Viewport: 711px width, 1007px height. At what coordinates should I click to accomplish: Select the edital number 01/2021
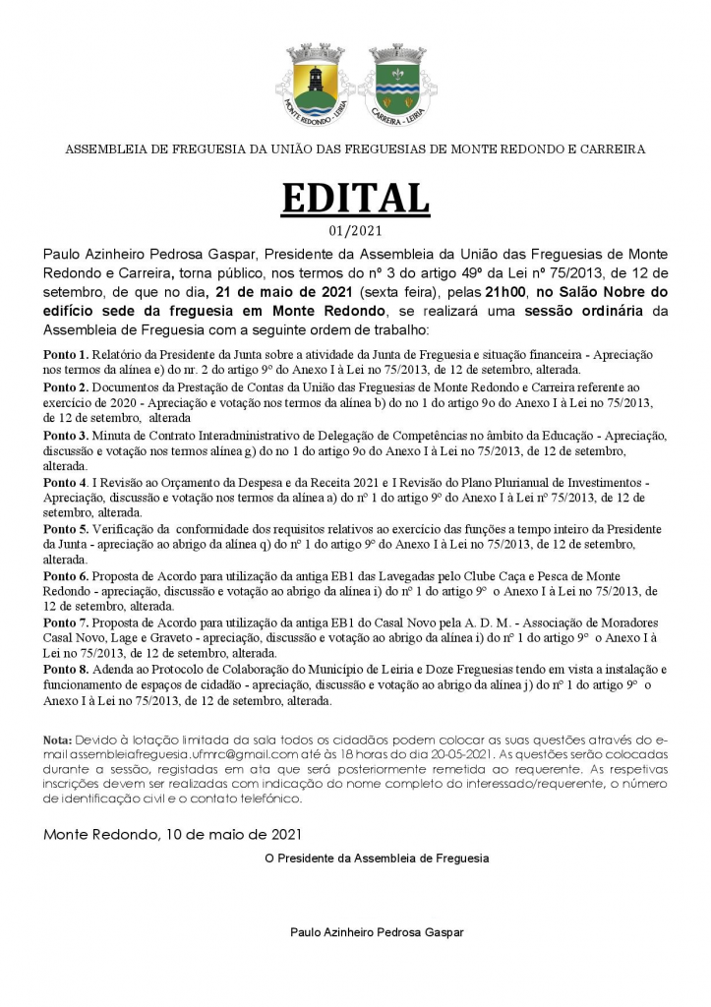(355, 232)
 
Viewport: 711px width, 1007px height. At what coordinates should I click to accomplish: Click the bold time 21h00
(505, 292)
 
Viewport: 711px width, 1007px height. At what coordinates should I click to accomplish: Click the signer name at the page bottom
(376, 931)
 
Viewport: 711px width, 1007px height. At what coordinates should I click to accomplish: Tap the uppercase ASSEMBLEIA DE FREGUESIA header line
(355, 150)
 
